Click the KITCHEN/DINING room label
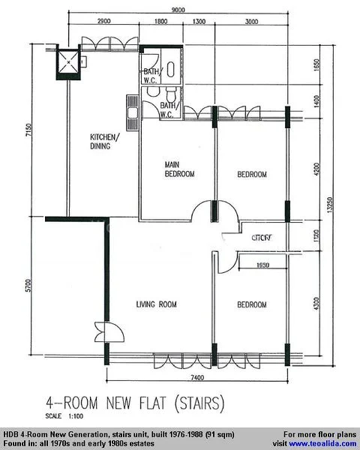(104, 142)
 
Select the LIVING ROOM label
(156, 304)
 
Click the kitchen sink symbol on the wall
(132, 113)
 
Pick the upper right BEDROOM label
(252, 174)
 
